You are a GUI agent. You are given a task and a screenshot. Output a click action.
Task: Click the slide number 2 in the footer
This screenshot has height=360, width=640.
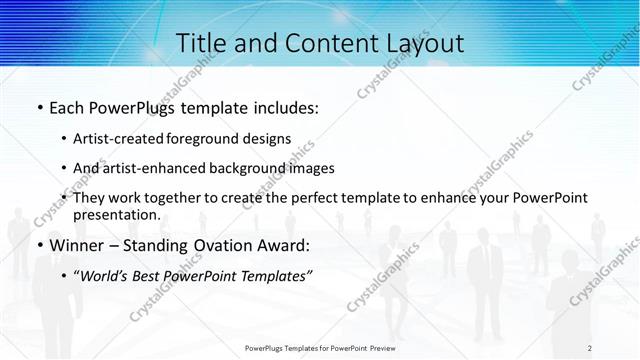pos(590,348)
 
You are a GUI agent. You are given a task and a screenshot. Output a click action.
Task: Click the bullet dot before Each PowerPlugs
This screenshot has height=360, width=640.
pos(39,108)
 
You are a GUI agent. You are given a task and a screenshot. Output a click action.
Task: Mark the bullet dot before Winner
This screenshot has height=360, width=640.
pos(39,245)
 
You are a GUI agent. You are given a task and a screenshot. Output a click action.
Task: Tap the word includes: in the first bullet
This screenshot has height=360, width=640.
pos(281,108)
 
